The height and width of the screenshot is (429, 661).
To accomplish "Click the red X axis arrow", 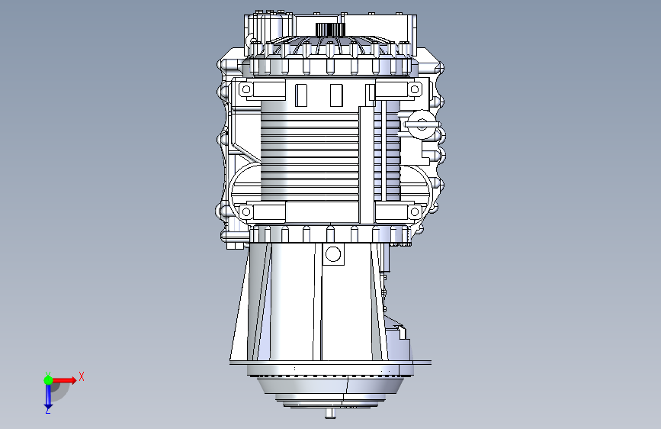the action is pos(63,380).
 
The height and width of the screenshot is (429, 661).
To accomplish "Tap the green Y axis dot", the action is pos(48,380).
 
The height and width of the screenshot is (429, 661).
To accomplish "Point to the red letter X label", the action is pos(82,376).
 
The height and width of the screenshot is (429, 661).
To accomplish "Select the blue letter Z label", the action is pos(48,410).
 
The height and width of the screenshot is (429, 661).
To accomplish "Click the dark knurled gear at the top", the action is pos(331,30).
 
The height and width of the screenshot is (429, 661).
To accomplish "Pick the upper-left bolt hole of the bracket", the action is pos(246,89).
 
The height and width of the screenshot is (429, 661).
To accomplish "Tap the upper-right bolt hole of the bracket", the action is pos(415,89).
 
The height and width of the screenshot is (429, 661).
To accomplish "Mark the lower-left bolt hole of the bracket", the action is pos(246,211).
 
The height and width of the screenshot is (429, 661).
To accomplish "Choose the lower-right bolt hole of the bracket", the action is pos(415,211).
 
